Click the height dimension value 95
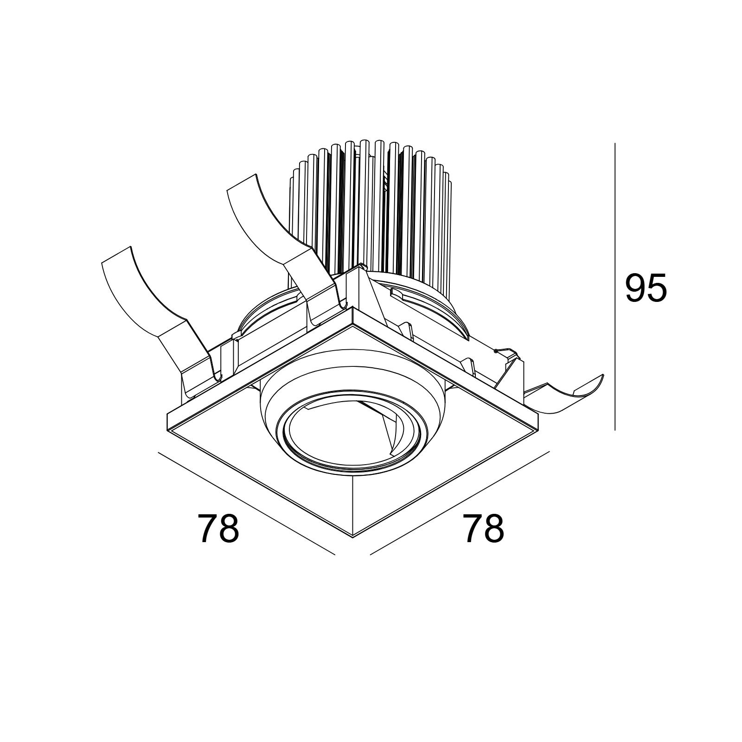(x=646, y=288)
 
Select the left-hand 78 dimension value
(x=218, y=529)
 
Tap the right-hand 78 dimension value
(x=483, y=529)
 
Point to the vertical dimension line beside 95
(x=615, y=287)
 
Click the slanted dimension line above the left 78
(x=246, y=503)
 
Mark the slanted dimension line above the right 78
(x=460, y=503)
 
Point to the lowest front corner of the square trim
(x=353, y=537)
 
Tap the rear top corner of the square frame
(x=352, y=307)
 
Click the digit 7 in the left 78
(x=207, y=529)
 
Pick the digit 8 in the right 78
(x=494, y=529)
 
